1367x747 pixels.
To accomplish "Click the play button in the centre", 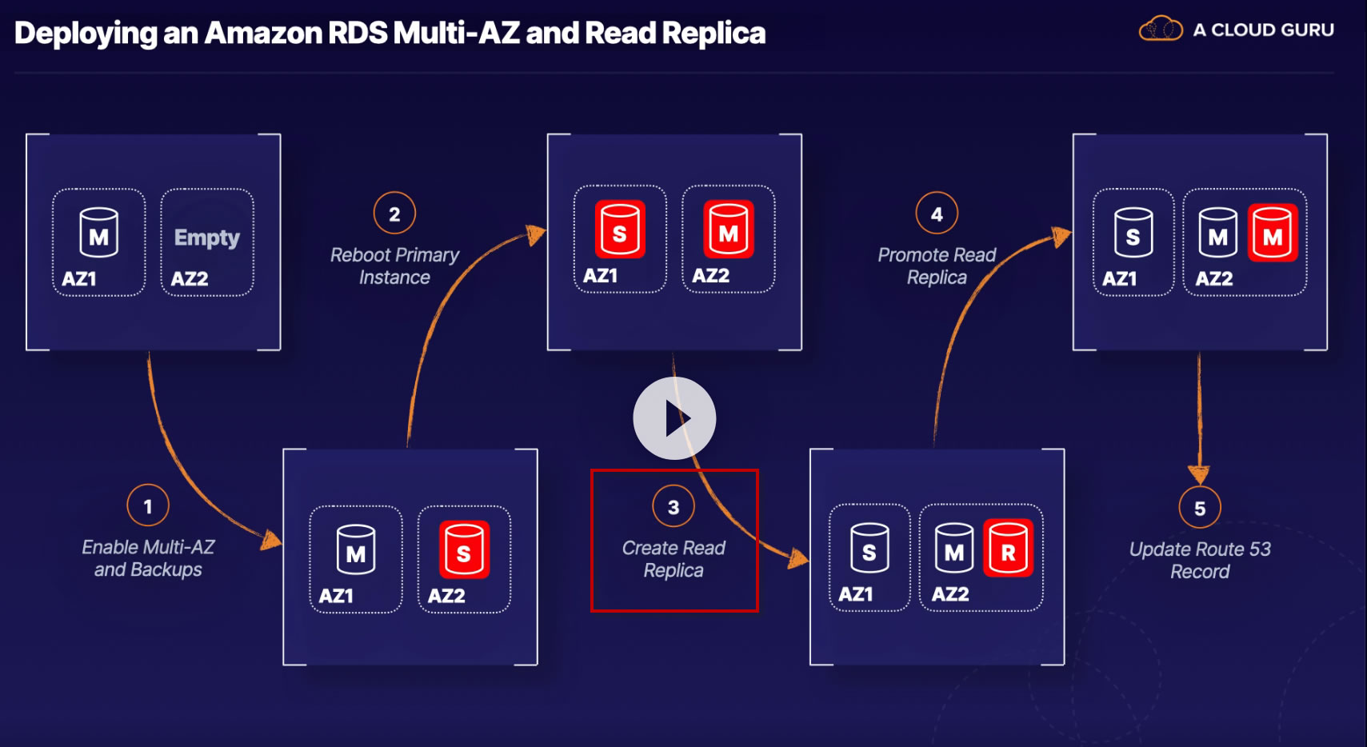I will [674, 418].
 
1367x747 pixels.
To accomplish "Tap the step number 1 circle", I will [148, 505].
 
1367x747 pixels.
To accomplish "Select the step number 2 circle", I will [394, 214].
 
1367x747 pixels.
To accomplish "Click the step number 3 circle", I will [674, 507].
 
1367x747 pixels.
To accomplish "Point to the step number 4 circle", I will [937, 214].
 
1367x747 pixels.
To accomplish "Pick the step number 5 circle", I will [1200, 508].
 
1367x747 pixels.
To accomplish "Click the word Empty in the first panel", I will [207, 238].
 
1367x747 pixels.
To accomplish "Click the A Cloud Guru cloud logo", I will [1160, 30].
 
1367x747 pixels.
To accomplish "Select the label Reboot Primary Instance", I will [394, 266].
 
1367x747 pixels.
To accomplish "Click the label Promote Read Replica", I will [937, 266].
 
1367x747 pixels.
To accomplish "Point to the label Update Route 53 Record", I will [1200, 560].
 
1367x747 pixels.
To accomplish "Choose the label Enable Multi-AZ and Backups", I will [148, 558].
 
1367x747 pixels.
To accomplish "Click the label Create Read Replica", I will [674, 559].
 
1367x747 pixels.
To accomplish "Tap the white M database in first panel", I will [99, 233].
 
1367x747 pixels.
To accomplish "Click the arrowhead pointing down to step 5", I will [1199, 473].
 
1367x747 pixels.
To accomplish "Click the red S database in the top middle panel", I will [620, 230].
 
